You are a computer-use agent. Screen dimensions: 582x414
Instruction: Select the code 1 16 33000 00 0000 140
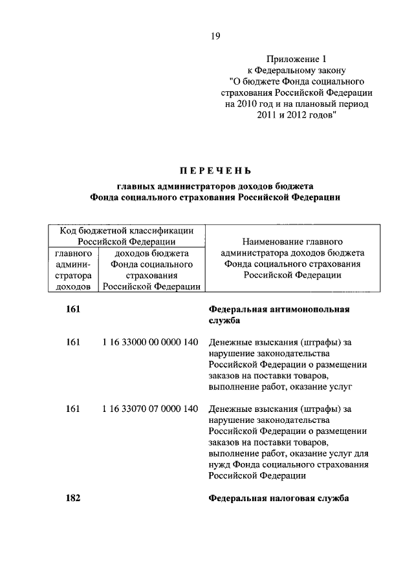point(150,341)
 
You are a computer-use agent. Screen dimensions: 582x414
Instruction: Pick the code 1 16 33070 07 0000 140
point(150,409)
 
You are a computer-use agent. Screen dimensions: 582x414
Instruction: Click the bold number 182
point(73,499)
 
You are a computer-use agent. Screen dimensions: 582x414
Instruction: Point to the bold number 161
point(73,309)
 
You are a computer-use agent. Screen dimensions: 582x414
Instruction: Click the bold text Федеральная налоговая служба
point(279,499)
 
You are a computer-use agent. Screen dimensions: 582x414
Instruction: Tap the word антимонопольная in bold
point(311,309)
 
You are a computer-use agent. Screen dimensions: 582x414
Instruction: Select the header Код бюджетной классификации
point(126,230)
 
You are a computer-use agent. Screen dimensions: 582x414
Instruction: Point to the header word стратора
point(72,275)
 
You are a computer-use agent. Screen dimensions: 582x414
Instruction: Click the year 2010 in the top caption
point(254,105)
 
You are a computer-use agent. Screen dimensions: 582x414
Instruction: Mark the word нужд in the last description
point(219,464)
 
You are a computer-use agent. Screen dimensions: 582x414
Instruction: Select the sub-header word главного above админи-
point(72,253)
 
